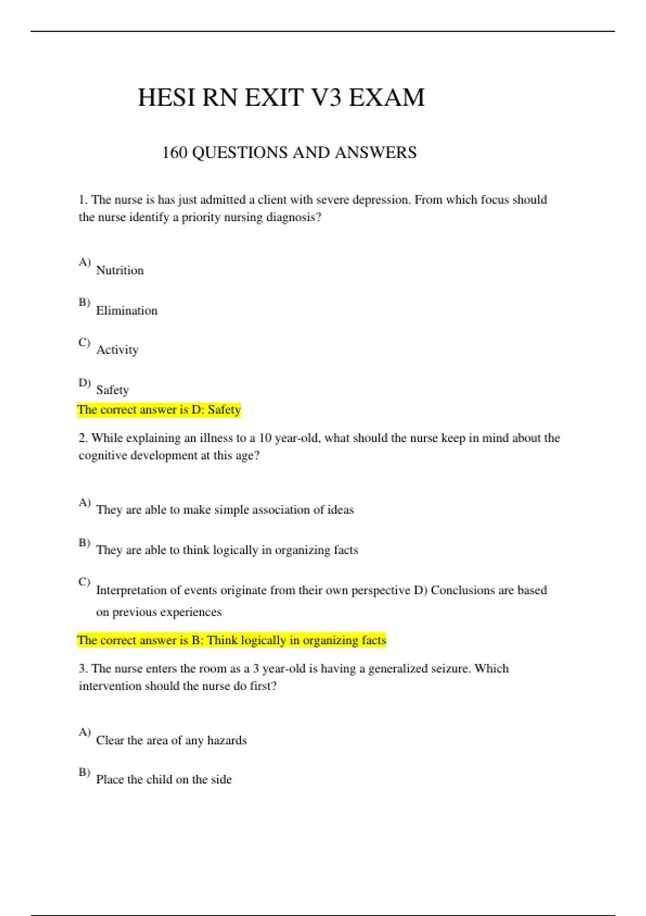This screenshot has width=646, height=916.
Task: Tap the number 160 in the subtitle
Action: click(x=174, y=152)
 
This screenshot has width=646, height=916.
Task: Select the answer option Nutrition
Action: click(x=120, y=270)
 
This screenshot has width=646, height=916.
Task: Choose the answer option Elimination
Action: click(x=127, y=311)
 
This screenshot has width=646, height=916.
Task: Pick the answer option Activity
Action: click(x=117, y=350)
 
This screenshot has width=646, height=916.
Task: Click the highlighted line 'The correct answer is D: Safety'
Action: click(x=159, y=410)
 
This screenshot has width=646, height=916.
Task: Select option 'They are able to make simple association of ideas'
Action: click(x=224, y=510)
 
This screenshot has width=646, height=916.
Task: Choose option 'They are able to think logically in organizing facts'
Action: click(x=227, y=550)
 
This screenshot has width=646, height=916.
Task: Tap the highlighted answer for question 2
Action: click(x=231, y=641)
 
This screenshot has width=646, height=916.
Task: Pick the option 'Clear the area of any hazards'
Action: click(x=171, y=740)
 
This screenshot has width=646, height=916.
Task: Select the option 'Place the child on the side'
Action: click(x=164, y=780)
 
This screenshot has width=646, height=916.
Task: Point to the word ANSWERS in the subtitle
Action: click(x=375, y=152)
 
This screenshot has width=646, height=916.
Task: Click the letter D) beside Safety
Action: click(x=85, y=383)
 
